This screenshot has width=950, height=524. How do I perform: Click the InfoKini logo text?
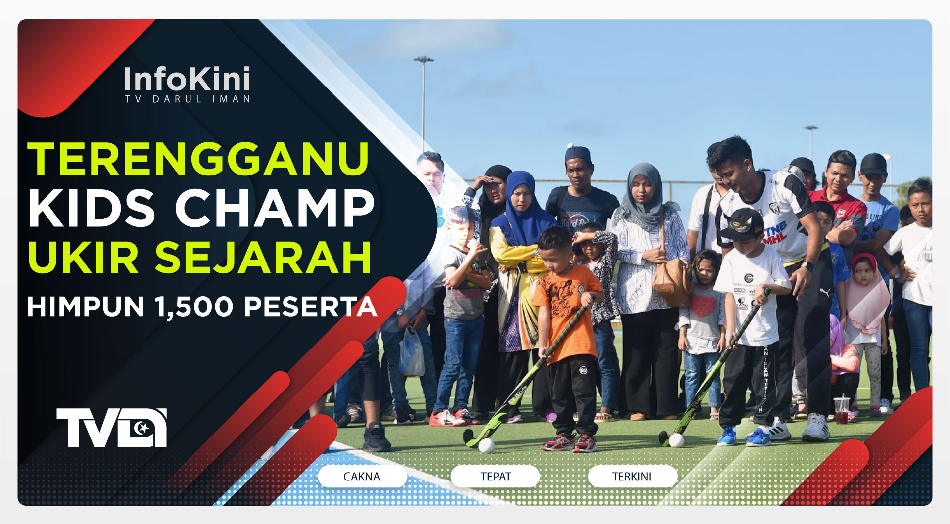tap(187, 79)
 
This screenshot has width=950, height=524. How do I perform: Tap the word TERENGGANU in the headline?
tap(198, 159)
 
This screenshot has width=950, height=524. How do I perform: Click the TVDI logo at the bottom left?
tap(111, 428)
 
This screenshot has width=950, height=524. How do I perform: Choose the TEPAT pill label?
tap(495, 477)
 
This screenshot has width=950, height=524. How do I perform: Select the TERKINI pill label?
tap(632, 477)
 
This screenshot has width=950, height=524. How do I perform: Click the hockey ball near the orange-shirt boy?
tap(486, 445)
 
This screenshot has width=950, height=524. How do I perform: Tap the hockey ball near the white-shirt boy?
tap(676, 440)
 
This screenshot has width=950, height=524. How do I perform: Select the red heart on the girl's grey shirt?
tap(703, 306)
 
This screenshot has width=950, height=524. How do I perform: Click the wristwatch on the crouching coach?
tap(807, 267)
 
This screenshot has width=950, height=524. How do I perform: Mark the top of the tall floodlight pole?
tap(424, 59)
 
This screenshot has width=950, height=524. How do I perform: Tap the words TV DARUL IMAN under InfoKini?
tap(187, 99)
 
